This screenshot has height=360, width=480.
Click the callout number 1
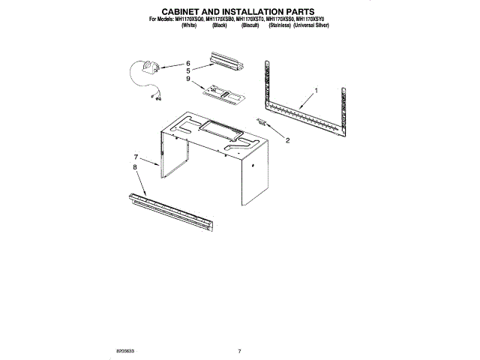(316, 91)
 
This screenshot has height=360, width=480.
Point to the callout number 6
(188, 63)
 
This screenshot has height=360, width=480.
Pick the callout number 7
(136, 157)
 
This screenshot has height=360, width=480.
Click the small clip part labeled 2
(262, 121)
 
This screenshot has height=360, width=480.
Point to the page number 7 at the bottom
(239, 351)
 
